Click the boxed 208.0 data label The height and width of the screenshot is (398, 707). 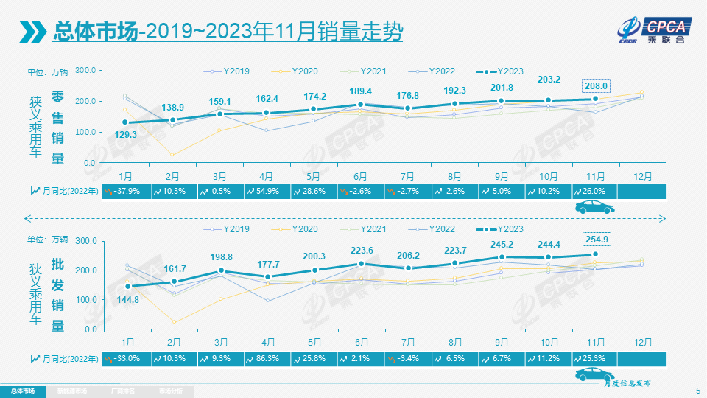pos(595,85)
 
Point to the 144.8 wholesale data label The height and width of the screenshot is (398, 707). pos(127,299)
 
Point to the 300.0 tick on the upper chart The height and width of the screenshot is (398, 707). pos(86,70)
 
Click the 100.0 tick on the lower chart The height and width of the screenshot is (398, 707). pos(86,300)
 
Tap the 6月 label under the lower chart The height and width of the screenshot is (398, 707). pos(361,343)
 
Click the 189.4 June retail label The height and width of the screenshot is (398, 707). pos(361,91)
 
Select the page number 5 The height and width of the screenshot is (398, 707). pos(697,390)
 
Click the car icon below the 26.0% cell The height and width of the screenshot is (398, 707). pos(595,207)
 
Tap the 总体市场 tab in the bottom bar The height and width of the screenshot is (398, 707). pos(22,390)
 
